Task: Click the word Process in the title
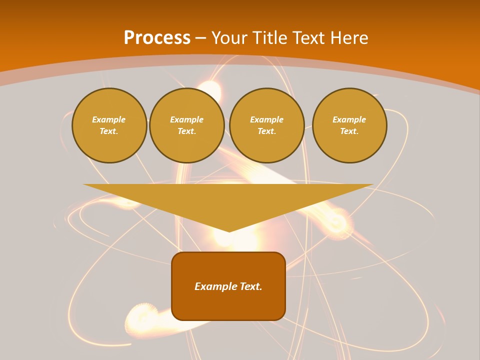pyautogui.click(x=157, y=38)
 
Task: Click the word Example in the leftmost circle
pyautogui.click(x=109, y=119)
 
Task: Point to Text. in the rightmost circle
pyautogui.click(x=349, y=131)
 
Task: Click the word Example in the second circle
pyautogui.click(x=187, y=119)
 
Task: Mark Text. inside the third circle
pyautogui.click(x=267, y=131)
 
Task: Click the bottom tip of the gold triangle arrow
pyautogui.click(x=229, y=231)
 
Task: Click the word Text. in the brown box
pyautogui.click(x=251, y=286)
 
